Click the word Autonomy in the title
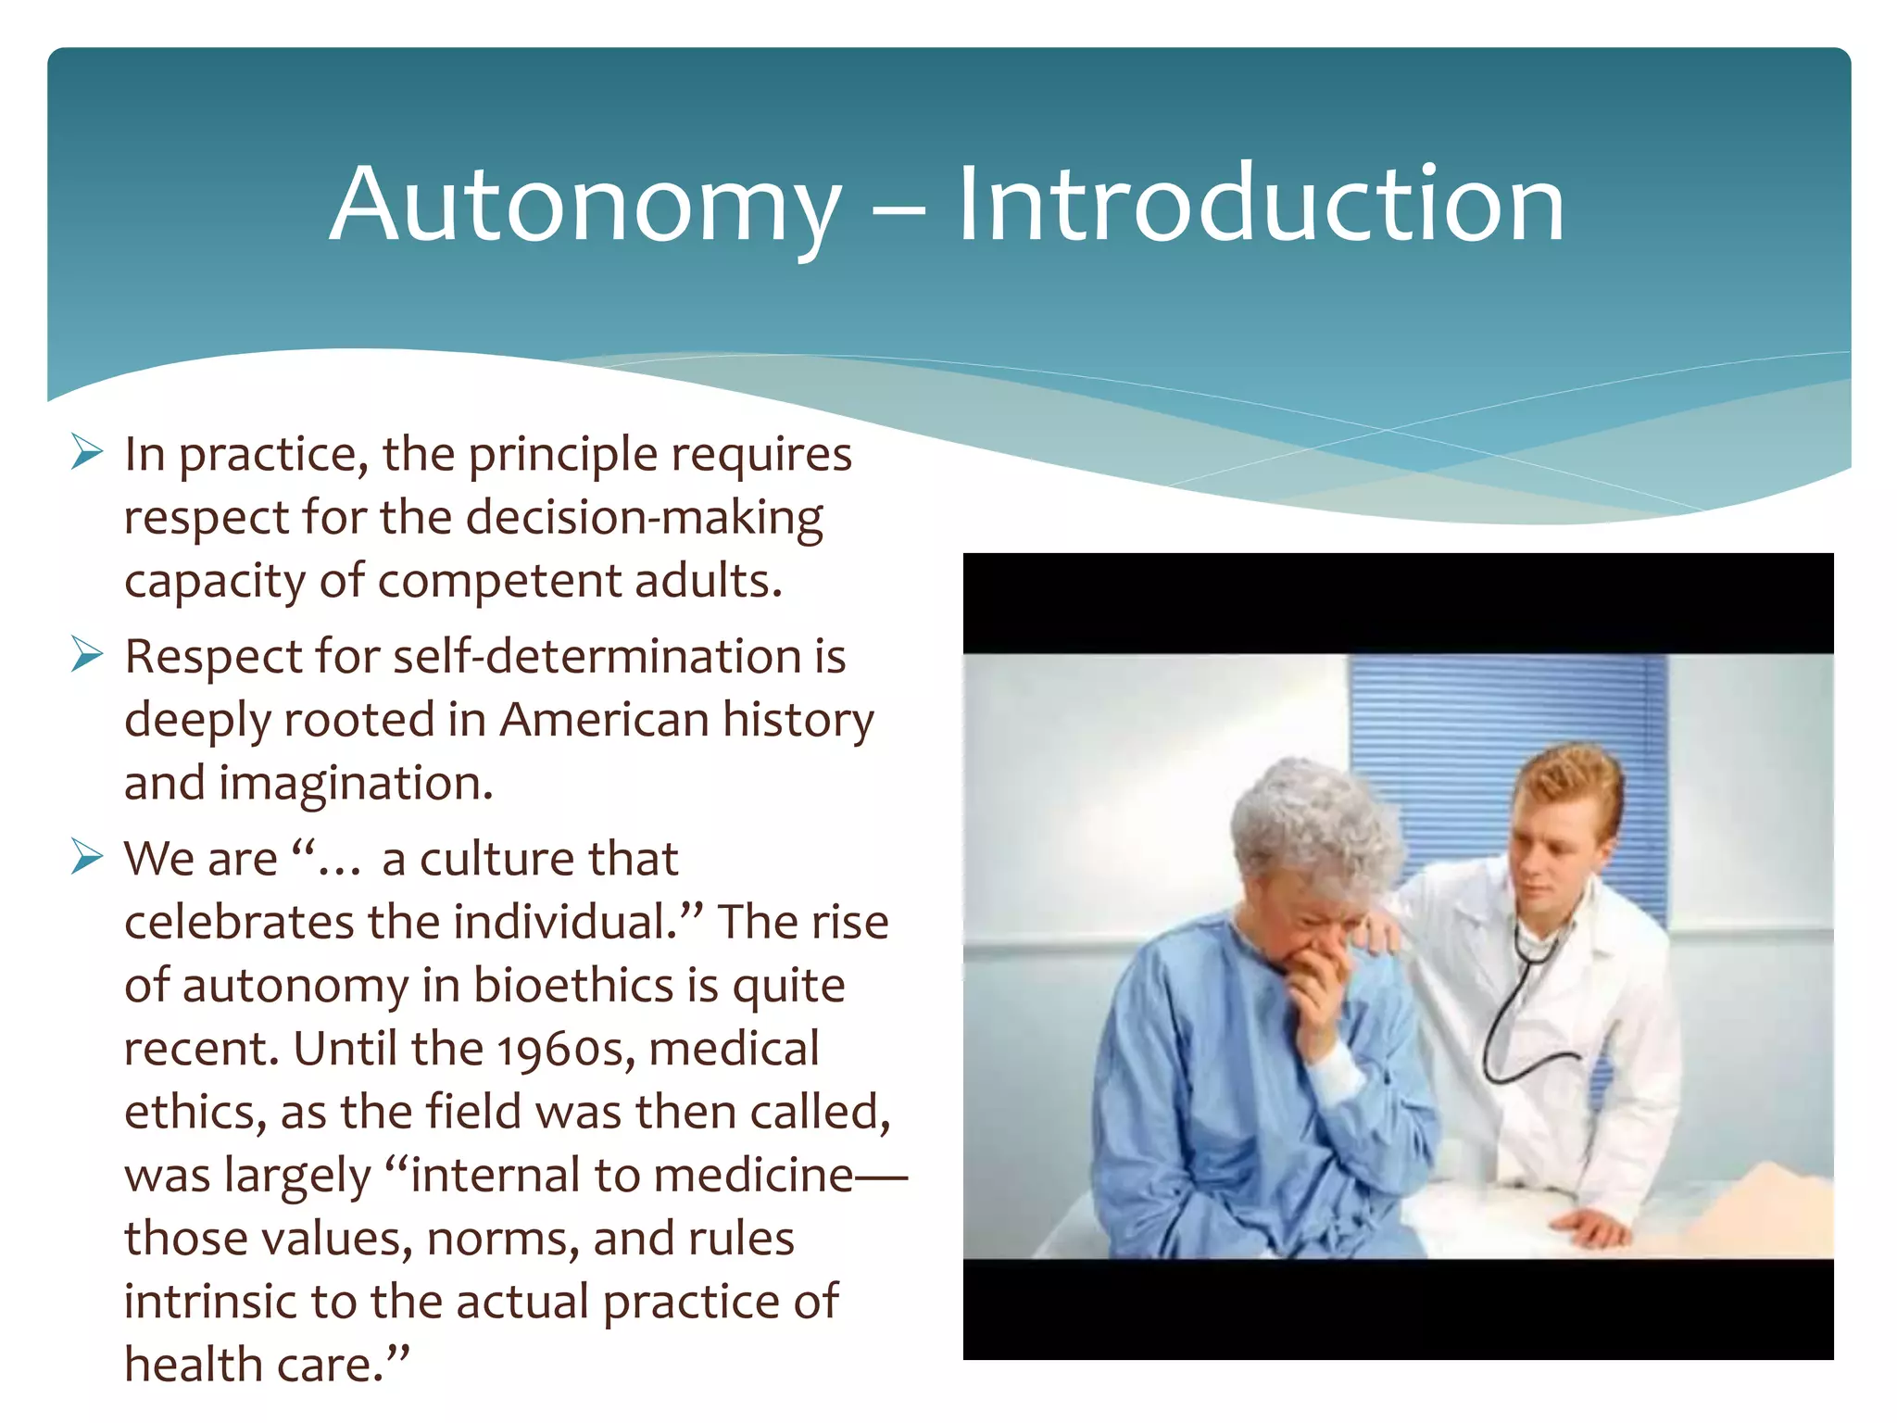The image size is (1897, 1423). (585, 206)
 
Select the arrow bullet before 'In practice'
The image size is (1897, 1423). (86, 453)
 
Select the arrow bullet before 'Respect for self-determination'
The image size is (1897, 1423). (86, 655)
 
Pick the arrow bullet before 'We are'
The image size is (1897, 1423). (86, 858)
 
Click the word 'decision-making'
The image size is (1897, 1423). (644, 517)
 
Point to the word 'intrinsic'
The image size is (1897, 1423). (209, 1302)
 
